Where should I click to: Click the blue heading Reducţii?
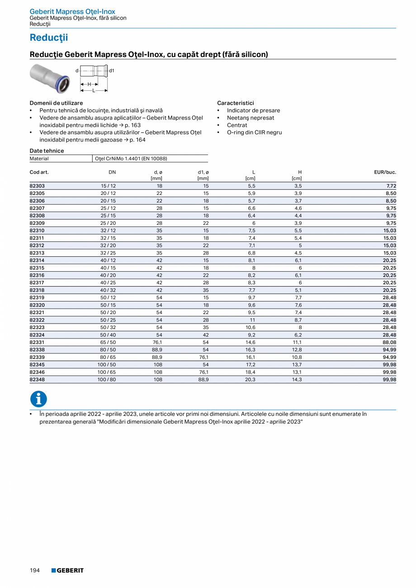pyautogui.click(x=49, y=38)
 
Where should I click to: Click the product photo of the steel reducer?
pyautogui.click(x=50, y=77)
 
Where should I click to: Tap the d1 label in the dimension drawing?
pyautogui.click(x=112, y=71)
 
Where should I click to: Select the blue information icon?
pyautogui.click(x=38, y=399)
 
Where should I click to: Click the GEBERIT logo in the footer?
pyautogui.click(x=67, y=570)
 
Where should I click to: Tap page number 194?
pyautogui.click(x=35, y=570)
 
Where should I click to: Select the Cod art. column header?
pyautogui.click(x=39, y=172)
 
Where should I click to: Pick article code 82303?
pyautogui.click(x=37, y=186)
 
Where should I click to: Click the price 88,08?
pyautogui.click(x=389, y=343)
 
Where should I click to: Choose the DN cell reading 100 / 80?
pyautogui.click(x=108, y=380)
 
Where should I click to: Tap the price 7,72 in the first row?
pyautogui.click(x=391, y=186)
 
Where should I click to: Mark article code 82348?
pyautogui.click(x=37, y=380)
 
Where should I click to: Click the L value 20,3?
pyautogui.click(x=251, y=380)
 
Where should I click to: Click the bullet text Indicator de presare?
pyautogui.click(x=253, y=110)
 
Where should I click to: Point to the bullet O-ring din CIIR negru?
pyautogui.click(x=254, y=132)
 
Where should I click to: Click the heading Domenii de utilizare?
pyautogui.click(x=56, y=103)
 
